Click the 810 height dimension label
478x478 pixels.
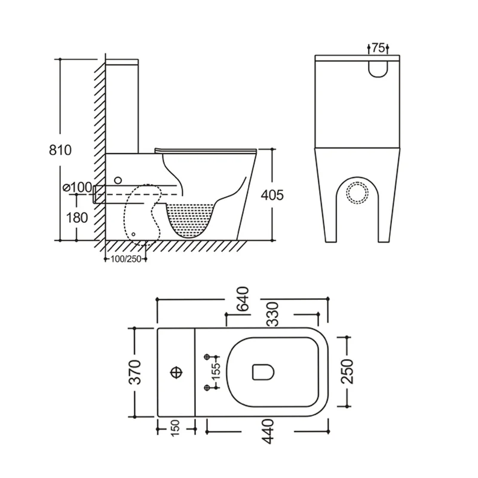click(60, 150)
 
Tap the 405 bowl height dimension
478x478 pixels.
click(272, 195)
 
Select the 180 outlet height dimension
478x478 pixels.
click(77, 217)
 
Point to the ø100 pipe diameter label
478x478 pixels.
click(77, 187)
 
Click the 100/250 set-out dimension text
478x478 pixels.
click(126, 259)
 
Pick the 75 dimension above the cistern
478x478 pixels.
click(378, 48)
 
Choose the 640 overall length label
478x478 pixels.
click(243, 299)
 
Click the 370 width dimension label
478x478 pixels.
click(135, 372)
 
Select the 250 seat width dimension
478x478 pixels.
click(347, 372)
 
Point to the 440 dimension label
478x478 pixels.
click(267, 431)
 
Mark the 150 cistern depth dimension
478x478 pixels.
click(175, 428)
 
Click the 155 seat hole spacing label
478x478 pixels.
click(216, 372)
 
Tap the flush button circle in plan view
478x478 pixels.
click(176, 372)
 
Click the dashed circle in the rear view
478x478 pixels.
click(357, 193)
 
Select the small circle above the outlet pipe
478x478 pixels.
click(118, 180)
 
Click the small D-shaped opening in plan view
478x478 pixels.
click(263, 372)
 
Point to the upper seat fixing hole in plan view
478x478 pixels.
click(207, 356)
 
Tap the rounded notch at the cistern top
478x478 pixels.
click(378, 69)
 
